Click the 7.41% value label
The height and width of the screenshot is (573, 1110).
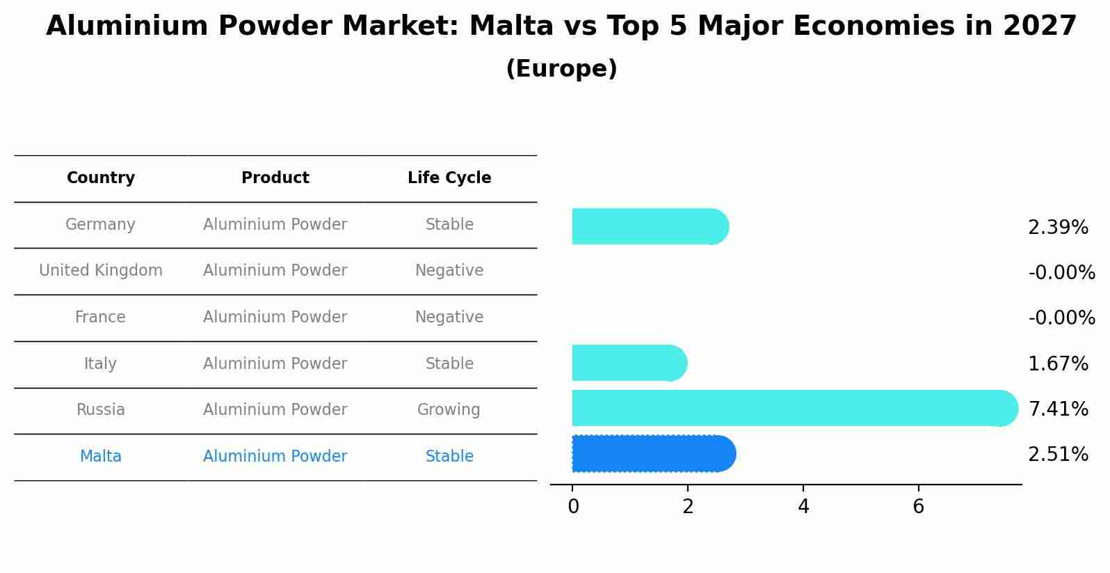tap(1058, 409)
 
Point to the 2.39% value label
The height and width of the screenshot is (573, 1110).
tap(1058, 228)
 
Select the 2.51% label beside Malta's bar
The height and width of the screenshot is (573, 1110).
tap(1058, 455)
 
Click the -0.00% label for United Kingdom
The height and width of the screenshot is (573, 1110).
tap(1061, 273)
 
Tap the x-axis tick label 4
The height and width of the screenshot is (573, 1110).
tap(803, 507)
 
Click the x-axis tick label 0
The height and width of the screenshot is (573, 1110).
tap(573, 507)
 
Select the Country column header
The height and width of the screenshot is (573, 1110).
tap(101, 178)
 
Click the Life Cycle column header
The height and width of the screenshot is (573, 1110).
tap(449, 178)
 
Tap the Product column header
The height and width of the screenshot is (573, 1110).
tap(275, 178)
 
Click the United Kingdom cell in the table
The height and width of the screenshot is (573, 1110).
tap(101, 271)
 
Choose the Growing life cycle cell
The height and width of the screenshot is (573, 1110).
tap(449, 410)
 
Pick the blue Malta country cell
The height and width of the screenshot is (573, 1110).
tap(101, 457)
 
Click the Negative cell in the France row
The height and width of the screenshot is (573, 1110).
tap(449, 317)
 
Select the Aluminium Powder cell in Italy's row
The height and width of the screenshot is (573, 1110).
tap(275, 364)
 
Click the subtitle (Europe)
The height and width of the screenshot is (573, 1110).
tap(561, 69)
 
